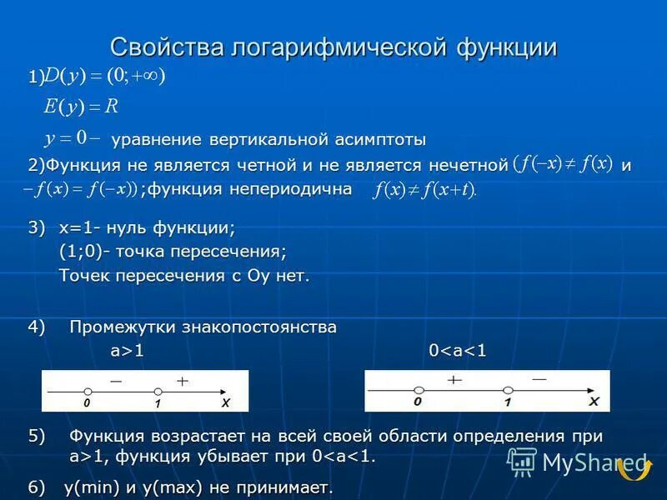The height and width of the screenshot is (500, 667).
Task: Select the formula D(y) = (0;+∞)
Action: click(x=105, y=77)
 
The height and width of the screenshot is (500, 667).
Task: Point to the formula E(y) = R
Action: click(x=81, y=107)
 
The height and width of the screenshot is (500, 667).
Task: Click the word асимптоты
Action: click(x=376, y=138)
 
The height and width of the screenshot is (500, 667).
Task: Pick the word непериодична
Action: click(x=288, y=189)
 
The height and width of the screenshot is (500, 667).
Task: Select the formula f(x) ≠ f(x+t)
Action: click(x=425, y=190)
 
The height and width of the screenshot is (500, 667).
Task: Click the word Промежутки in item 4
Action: click(x=119, y=327)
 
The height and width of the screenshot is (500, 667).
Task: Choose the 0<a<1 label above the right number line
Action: click(x=457, y=351)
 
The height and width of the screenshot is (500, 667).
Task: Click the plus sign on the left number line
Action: click(x=183, y=380)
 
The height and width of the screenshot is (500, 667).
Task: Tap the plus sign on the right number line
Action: click(x=454, y=379)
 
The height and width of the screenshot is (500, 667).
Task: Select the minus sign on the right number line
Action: click(x=539, y=379)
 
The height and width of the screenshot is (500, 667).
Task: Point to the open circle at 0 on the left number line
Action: click(x=87, y=391)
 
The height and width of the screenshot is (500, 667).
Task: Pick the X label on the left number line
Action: click(x=225, y=402)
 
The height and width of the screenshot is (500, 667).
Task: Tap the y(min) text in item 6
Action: click(x=93, y=487)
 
